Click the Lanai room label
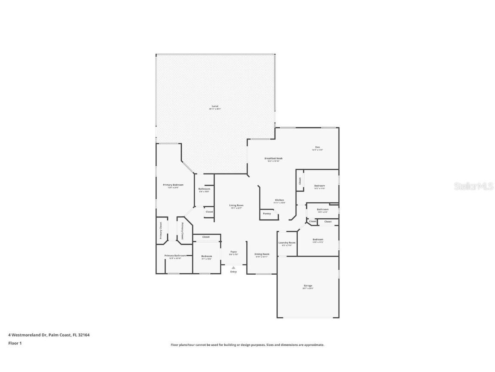pos(215,106)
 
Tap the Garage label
pos(308,285)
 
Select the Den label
pos(318,147)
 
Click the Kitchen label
pos(279,200)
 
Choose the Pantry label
pos(267,214)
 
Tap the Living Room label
pos(236,205)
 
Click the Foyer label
pos(233,252)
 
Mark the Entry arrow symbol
pos(233,267)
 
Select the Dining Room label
pos(262,254)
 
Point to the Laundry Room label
pos(287,243)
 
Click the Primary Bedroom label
pos(173,185)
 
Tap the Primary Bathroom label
pos(175,256)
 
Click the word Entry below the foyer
pos(233,272)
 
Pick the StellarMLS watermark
pos(474,186)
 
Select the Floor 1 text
pos(15,343)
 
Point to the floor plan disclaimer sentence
pos(247,345)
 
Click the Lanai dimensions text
pos(215,109)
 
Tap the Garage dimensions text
pos(308,288)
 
